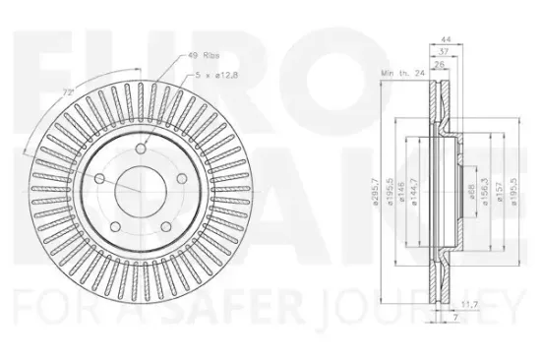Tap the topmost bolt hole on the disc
[x=142, y=149]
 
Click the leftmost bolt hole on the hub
[x=101, y=178]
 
